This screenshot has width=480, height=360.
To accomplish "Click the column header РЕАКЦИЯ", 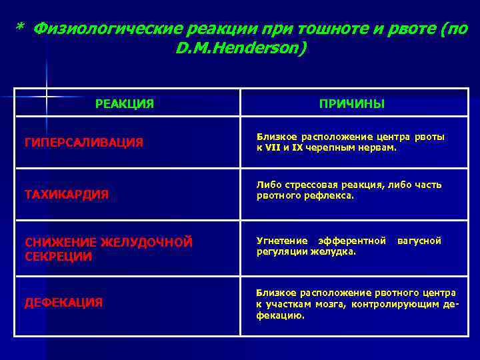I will (125, 103).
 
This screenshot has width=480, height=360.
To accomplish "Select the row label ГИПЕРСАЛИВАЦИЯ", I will (84, 142).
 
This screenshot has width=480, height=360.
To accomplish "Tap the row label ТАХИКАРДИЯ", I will (67, 195).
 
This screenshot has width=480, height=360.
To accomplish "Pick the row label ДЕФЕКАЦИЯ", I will (64, 303).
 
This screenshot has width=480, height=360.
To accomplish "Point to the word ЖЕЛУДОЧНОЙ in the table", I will (155, 243).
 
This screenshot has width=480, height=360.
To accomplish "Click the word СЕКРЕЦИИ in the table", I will (59, 256).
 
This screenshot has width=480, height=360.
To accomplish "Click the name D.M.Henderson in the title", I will (240, 49).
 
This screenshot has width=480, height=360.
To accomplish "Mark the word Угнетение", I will (283, 241).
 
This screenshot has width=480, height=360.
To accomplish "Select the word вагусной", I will (419, 241).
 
